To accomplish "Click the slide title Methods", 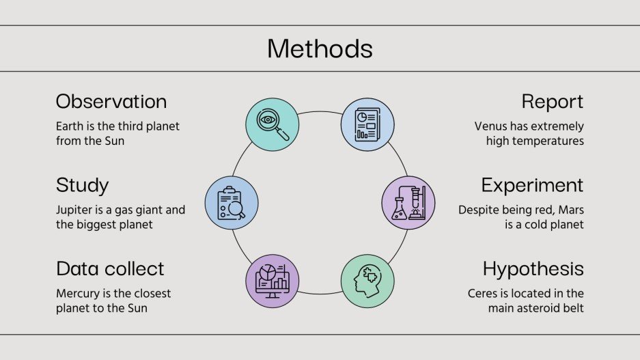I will pyautogui.click(x=320, y=49).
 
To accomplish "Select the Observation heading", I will pyautogui.click(x=111, y=102).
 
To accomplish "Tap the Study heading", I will pyautogui.click(x=82, y=185).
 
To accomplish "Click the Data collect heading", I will pyautogui.click(x=110, y=268).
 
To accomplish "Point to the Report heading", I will pyautogui.click(x=552, y=102).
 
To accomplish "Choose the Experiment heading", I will pyautogui.click(x=532, y=185).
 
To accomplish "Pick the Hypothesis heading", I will pyautogui.click(x=533, y=268).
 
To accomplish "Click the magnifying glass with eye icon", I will pyautogui.click(x=272, y=124).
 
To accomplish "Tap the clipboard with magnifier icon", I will pyautogui.click(x=232, y=203).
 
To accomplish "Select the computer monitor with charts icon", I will pyautogui.click(x=272, y=281).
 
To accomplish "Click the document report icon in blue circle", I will pyautogui.click(x=367, y=124).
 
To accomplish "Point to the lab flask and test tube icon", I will pyautogui.click(x=408, y=203).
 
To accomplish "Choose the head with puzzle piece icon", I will pyautogui.click(x=367, y=281).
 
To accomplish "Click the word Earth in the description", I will pyautogui.click(x=70, y=126).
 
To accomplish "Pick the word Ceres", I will pyautogui.click(x=483, y=294).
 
